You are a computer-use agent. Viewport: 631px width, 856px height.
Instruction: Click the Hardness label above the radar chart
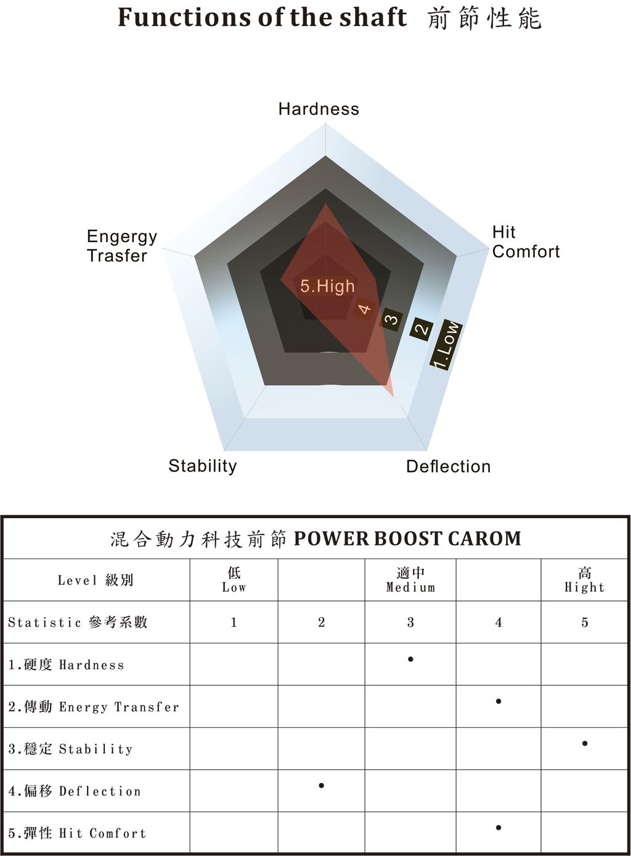(319, 109)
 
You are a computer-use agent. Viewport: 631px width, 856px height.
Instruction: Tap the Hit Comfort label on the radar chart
(526, 242)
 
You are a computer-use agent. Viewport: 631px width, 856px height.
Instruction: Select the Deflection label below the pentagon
(449, 467)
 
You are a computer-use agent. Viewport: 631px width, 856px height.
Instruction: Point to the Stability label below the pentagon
(203, 467)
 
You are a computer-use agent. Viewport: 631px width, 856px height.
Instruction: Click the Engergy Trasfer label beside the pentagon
(122, 246)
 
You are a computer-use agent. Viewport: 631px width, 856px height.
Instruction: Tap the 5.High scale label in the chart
(328, 286)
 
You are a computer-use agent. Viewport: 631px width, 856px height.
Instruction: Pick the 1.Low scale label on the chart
(446, 345)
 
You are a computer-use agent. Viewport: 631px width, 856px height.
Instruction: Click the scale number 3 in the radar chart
(391, 318)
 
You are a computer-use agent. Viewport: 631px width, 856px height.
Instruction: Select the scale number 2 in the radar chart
(421, 328)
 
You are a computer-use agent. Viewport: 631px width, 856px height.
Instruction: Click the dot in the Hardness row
(410, 659)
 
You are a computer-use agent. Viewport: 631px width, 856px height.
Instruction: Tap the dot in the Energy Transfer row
(499, 701)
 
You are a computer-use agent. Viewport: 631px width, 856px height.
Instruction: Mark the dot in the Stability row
(585, 743)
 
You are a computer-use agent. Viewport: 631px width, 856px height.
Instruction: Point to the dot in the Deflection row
(322, 786)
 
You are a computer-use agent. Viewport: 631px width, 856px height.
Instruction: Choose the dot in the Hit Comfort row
(499, 828)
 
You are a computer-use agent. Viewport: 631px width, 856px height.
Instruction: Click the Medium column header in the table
(410, 580)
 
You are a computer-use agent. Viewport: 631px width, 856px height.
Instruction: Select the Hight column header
(585, 580)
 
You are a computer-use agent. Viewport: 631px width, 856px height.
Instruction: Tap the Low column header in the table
(234, 580)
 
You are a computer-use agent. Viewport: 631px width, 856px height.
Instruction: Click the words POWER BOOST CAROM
(407, 539)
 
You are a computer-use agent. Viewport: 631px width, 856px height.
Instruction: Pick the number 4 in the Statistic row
(499, 622)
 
